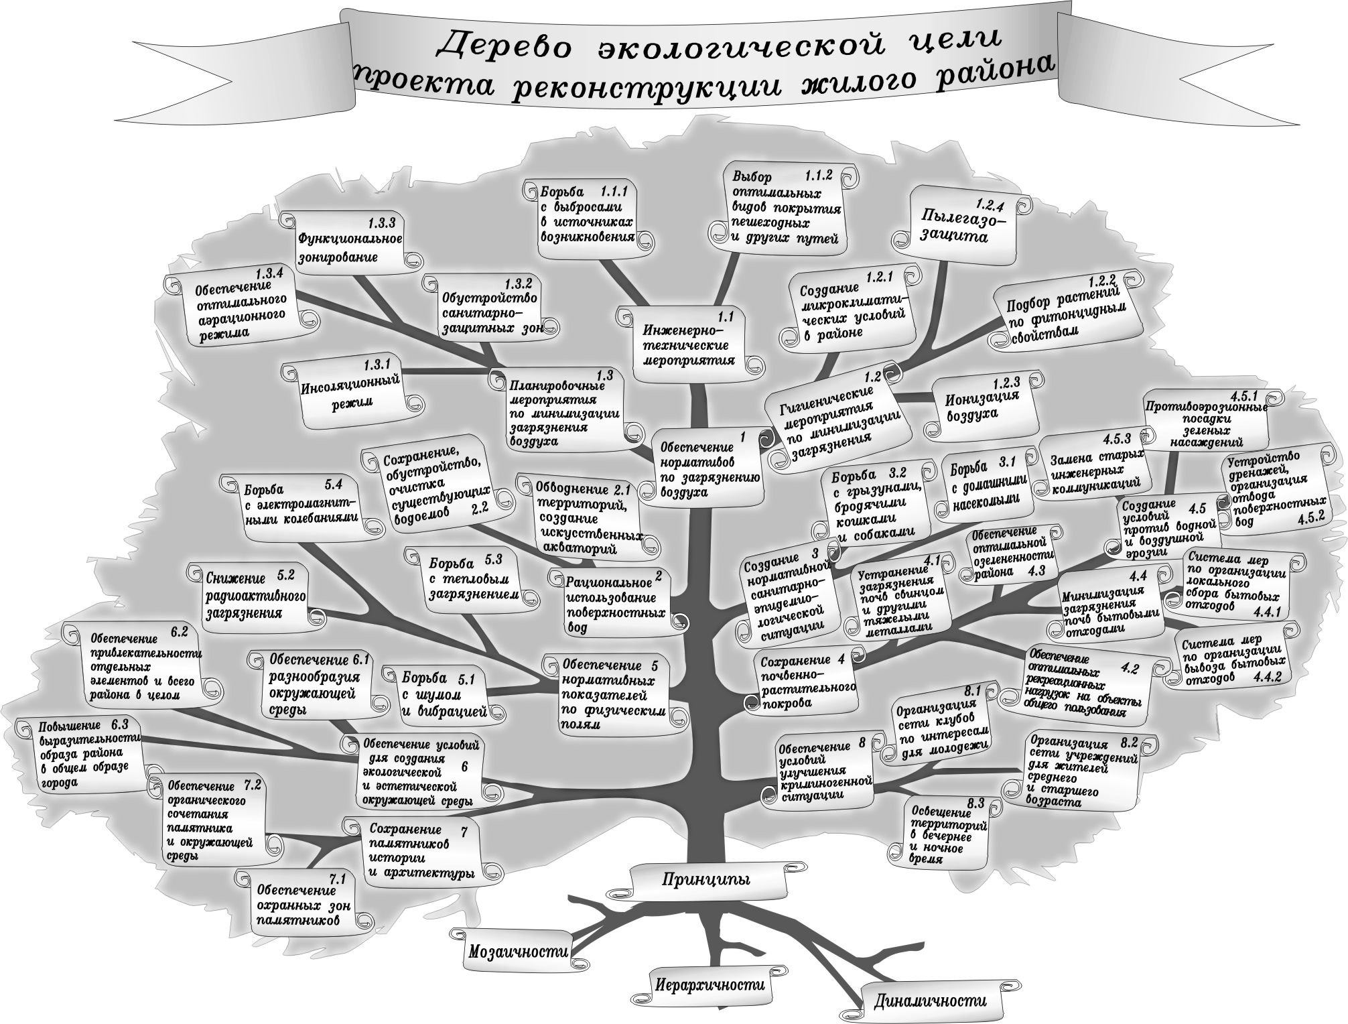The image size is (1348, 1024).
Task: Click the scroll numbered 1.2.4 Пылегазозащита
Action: [x=959, y=226]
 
